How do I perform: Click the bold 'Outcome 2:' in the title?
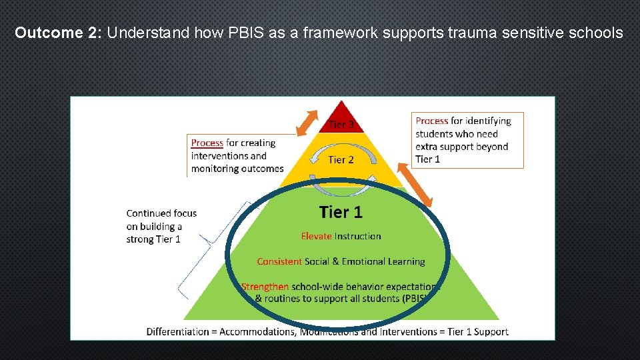pos(58,33)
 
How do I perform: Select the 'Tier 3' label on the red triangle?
pos(341,125)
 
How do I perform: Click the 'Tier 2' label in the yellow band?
pos(341,160)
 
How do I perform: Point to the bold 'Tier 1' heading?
pos(341,212)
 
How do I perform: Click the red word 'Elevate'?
pos(316,236)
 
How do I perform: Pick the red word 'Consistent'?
pos(279,261)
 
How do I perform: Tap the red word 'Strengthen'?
pos(265,287)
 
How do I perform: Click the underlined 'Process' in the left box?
pos(207,143)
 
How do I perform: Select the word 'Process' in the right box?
pos(431,121)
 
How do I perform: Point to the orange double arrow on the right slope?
pos(416,184)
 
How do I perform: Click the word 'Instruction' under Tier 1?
pos(358,236)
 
